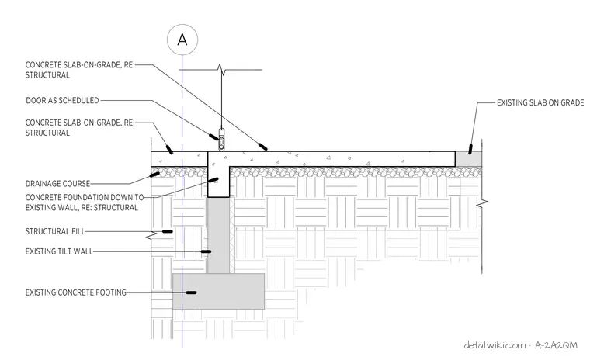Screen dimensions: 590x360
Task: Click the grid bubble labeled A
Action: point(182,40)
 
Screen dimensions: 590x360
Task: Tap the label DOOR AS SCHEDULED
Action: point(62,100)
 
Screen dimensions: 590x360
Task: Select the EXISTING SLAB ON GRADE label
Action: point(540,102)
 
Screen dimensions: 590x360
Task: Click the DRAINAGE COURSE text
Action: point(57,184)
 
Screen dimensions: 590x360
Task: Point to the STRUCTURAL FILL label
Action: point(55,231)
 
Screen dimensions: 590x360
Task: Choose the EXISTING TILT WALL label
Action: point(59,251)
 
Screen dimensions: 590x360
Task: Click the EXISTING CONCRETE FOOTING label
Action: point(75,292)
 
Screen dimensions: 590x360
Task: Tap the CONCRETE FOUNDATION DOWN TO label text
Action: point(85,197)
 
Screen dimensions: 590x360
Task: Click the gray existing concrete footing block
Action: point(219,291)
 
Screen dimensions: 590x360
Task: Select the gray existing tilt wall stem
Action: point(219,236)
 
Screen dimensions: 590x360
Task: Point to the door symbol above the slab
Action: point(221,140)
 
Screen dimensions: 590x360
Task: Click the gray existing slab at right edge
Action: point(468,159)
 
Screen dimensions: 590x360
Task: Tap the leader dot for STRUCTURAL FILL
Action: point(168,231)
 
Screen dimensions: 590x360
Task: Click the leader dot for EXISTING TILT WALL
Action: point(206,251)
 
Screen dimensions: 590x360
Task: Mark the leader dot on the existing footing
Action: point(192,292)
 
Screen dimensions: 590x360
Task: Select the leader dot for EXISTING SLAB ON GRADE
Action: point(470,149)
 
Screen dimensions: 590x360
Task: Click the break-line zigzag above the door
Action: point(221,70)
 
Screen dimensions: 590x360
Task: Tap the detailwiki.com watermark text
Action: point(495,345)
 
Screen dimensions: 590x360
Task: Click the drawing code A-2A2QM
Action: point(556,345)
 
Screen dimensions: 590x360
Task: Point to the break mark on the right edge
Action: point(482,203)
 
